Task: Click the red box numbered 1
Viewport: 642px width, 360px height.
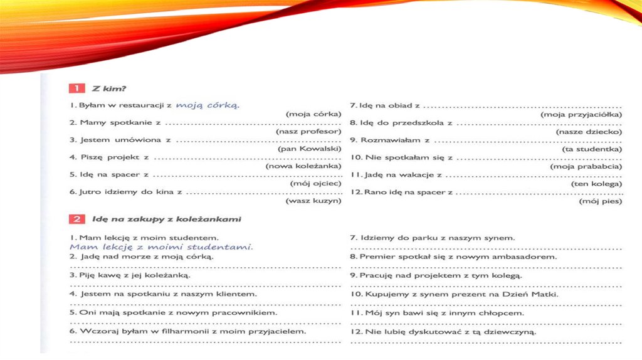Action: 76,88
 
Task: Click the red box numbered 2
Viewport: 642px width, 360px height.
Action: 76,220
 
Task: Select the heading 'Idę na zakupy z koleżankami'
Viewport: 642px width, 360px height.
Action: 166,220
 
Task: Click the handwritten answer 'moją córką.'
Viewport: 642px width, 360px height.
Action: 208,105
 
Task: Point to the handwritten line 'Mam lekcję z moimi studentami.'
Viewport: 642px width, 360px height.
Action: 161,247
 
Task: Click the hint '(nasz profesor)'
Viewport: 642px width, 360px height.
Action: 308,132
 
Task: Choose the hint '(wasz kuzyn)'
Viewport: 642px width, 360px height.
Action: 313,201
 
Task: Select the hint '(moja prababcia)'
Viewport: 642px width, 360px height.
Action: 586,166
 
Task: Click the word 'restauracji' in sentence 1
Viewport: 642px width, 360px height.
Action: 141,105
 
